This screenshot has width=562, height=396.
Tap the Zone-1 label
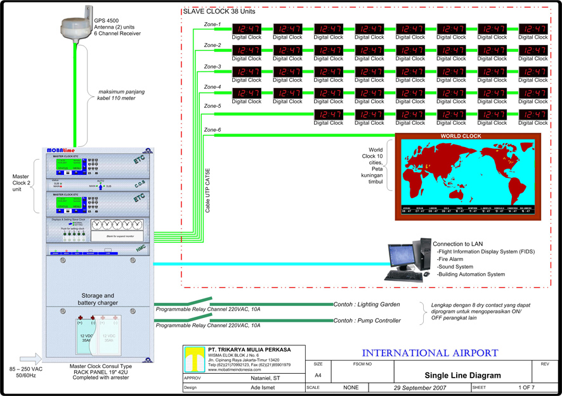click(x=212, y=25)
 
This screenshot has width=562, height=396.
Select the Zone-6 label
click(x=212, y=130)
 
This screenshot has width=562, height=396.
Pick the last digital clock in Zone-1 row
click(x=533, y=29)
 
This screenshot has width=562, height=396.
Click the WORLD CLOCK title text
click(x=461, y=136)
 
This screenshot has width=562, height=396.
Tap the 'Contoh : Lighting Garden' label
click(x=367, y=305)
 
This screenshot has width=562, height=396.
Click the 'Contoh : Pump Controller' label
click(x=367, y=321)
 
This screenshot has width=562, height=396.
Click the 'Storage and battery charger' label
click(x=97, y=299)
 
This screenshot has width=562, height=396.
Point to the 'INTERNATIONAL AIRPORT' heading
click(x=430, y=352)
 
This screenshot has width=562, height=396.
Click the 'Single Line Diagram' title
click(x=462, y=375)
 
